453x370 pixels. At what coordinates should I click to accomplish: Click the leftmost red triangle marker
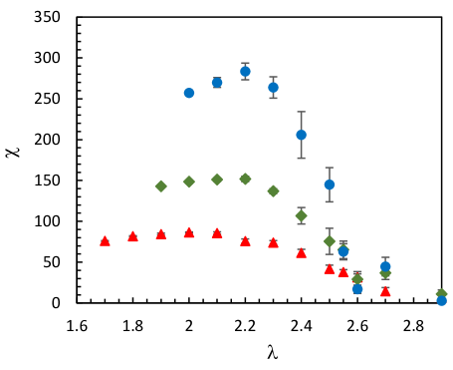click(105, 240)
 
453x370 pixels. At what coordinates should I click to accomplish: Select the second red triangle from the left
click(132, 236)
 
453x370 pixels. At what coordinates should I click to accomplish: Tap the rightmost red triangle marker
click(385, 291)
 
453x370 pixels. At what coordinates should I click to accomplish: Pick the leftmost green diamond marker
click(160, 185)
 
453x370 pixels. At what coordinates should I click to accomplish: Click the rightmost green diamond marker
click(441, 294)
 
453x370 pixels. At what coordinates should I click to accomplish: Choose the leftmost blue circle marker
click(189, 93)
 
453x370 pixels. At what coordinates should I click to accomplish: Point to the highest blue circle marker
click(245, 71)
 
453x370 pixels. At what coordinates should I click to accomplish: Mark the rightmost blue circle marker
click(441, 300)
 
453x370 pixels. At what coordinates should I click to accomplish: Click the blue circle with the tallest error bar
click(301, 135)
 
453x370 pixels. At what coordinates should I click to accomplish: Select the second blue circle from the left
click(217, 83)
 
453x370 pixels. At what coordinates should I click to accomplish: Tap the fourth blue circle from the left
click(273, 87)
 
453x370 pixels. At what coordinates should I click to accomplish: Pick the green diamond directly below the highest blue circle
click(245, 179)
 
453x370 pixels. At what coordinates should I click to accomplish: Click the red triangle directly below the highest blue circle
click(245, 240)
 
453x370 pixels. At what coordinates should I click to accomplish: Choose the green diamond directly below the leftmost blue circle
click(189, 182)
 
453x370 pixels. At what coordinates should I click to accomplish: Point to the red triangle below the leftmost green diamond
click(160, 233)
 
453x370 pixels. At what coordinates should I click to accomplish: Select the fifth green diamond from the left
click(273, 190)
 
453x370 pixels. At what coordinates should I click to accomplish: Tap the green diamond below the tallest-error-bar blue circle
click(301, 215)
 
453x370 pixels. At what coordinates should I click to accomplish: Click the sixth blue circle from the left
click(329, 185)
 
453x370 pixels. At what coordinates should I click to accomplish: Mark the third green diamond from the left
click(217, 180)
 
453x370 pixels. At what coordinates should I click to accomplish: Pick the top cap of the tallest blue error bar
click(301, 112)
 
